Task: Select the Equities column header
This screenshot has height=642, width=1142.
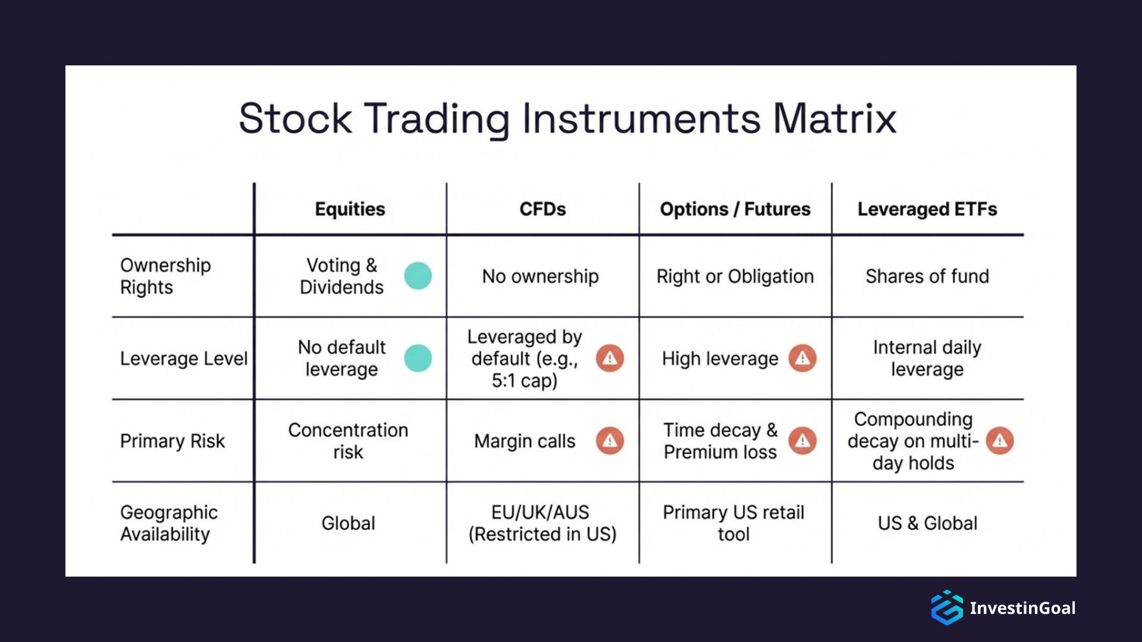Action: pos(350,209)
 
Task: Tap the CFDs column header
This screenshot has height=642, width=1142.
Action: pos(542,209)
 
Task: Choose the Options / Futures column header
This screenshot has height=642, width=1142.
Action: pos(735,209)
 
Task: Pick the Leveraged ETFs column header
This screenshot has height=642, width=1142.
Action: pos(927,209)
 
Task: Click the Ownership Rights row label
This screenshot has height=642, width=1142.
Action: pos(165,276)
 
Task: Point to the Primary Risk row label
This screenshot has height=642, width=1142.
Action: pos(172,441)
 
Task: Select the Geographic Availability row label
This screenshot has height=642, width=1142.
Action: pos(168,523)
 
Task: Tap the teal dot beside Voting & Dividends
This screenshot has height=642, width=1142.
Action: pos(418,276)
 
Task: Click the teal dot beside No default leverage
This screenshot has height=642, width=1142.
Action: pos(418,358)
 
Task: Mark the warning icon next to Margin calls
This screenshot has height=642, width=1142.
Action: pos(610,441)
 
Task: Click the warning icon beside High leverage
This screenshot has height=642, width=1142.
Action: pos(802,358)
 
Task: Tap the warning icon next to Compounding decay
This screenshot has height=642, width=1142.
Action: pos(999,441)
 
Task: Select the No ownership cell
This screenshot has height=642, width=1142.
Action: pos(540,276)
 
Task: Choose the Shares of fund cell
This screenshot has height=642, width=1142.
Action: pos(927,276)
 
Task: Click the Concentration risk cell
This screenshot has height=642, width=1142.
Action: pos(348,441)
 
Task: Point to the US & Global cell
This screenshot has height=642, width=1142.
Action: pos(927,523)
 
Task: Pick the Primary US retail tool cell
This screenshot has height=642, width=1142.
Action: pos(733,523)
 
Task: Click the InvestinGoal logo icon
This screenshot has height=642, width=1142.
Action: pos(946,608)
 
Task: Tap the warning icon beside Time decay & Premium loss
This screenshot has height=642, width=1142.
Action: pos(802,441)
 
